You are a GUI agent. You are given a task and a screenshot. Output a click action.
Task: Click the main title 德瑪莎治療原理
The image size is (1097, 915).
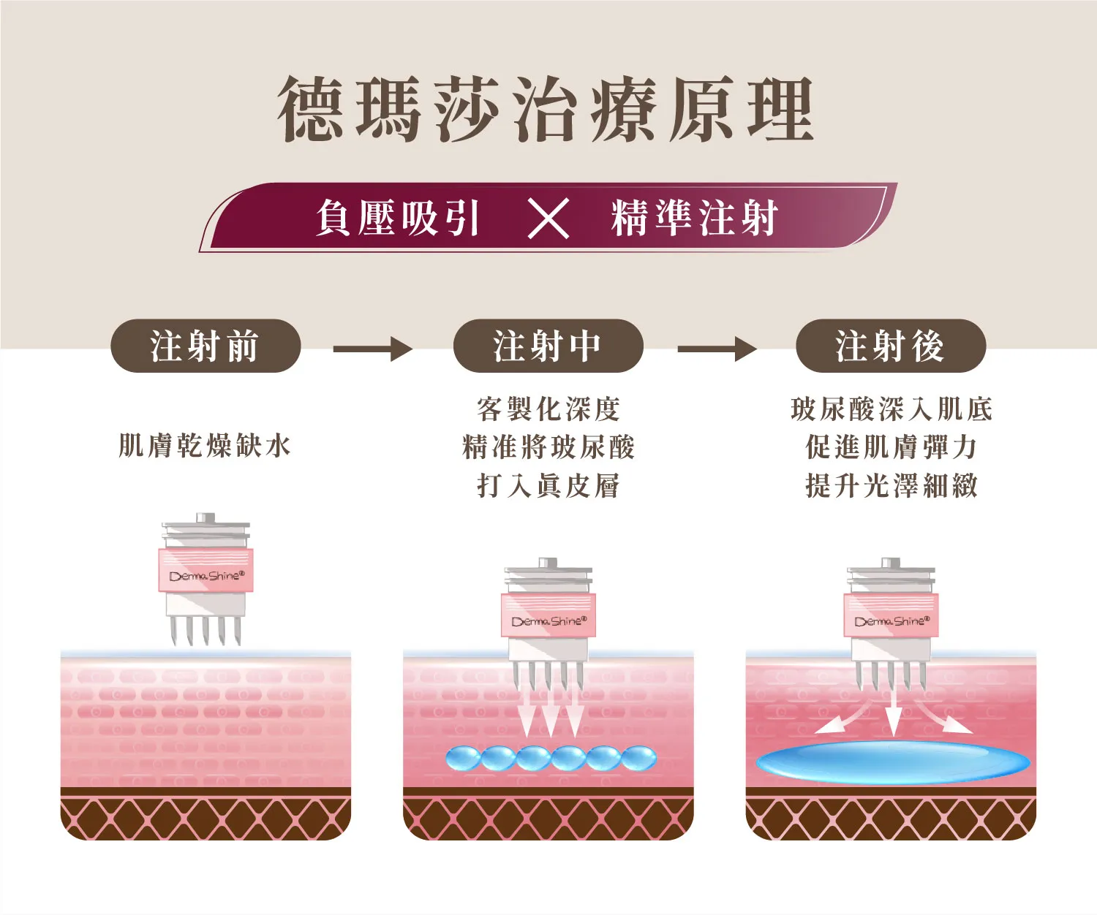point(546,109)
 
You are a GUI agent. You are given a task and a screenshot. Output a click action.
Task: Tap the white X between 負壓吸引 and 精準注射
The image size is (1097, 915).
point(548,219)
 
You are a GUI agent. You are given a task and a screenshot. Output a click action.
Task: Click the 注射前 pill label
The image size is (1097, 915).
point(206,346)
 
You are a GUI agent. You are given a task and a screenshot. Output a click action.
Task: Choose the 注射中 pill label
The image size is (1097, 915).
point(548,346)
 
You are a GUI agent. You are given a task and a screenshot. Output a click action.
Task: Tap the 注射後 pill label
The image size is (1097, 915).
point(891,346)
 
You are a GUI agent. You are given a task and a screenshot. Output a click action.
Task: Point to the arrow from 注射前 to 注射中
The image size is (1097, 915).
point(372,349)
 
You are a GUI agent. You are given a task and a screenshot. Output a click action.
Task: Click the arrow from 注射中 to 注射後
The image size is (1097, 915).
point(717,349)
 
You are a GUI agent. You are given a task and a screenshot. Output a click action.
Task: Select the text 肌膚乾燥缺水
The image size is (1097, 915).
point(205,447)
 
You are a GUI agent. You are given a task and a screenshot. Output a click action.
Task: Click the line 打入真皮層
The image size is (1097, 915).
point(548,485)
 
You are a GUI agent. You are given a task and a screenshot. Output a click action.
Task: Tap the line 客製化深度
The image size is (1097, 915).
point(548,409)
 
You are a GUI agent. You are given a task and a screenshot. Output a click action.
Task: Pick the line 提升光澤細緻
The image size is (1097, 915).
point(891,485)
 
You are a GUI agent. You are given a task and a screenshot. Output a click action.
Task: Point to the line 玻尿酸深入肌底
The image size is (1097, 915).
point(891,409)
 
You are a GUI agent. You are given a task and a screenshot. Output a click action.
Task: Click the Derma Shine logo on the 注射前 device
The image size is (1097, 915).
point(206,576)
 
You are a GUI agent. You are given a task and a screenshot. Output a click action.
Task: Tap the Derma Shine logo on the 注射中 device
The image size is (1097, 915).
point(549,621)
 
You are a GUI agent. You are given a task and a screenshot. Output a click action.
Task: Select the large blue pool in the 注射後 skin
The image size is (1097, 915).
point(893,763)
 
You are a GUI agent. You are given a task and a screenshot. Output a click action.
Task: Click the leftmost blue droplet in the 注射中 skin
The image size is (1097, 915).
point(463,759)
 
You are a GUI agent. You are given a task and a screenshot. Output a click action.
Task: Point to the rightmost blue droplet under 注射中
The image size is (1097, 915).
point(639,759)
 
